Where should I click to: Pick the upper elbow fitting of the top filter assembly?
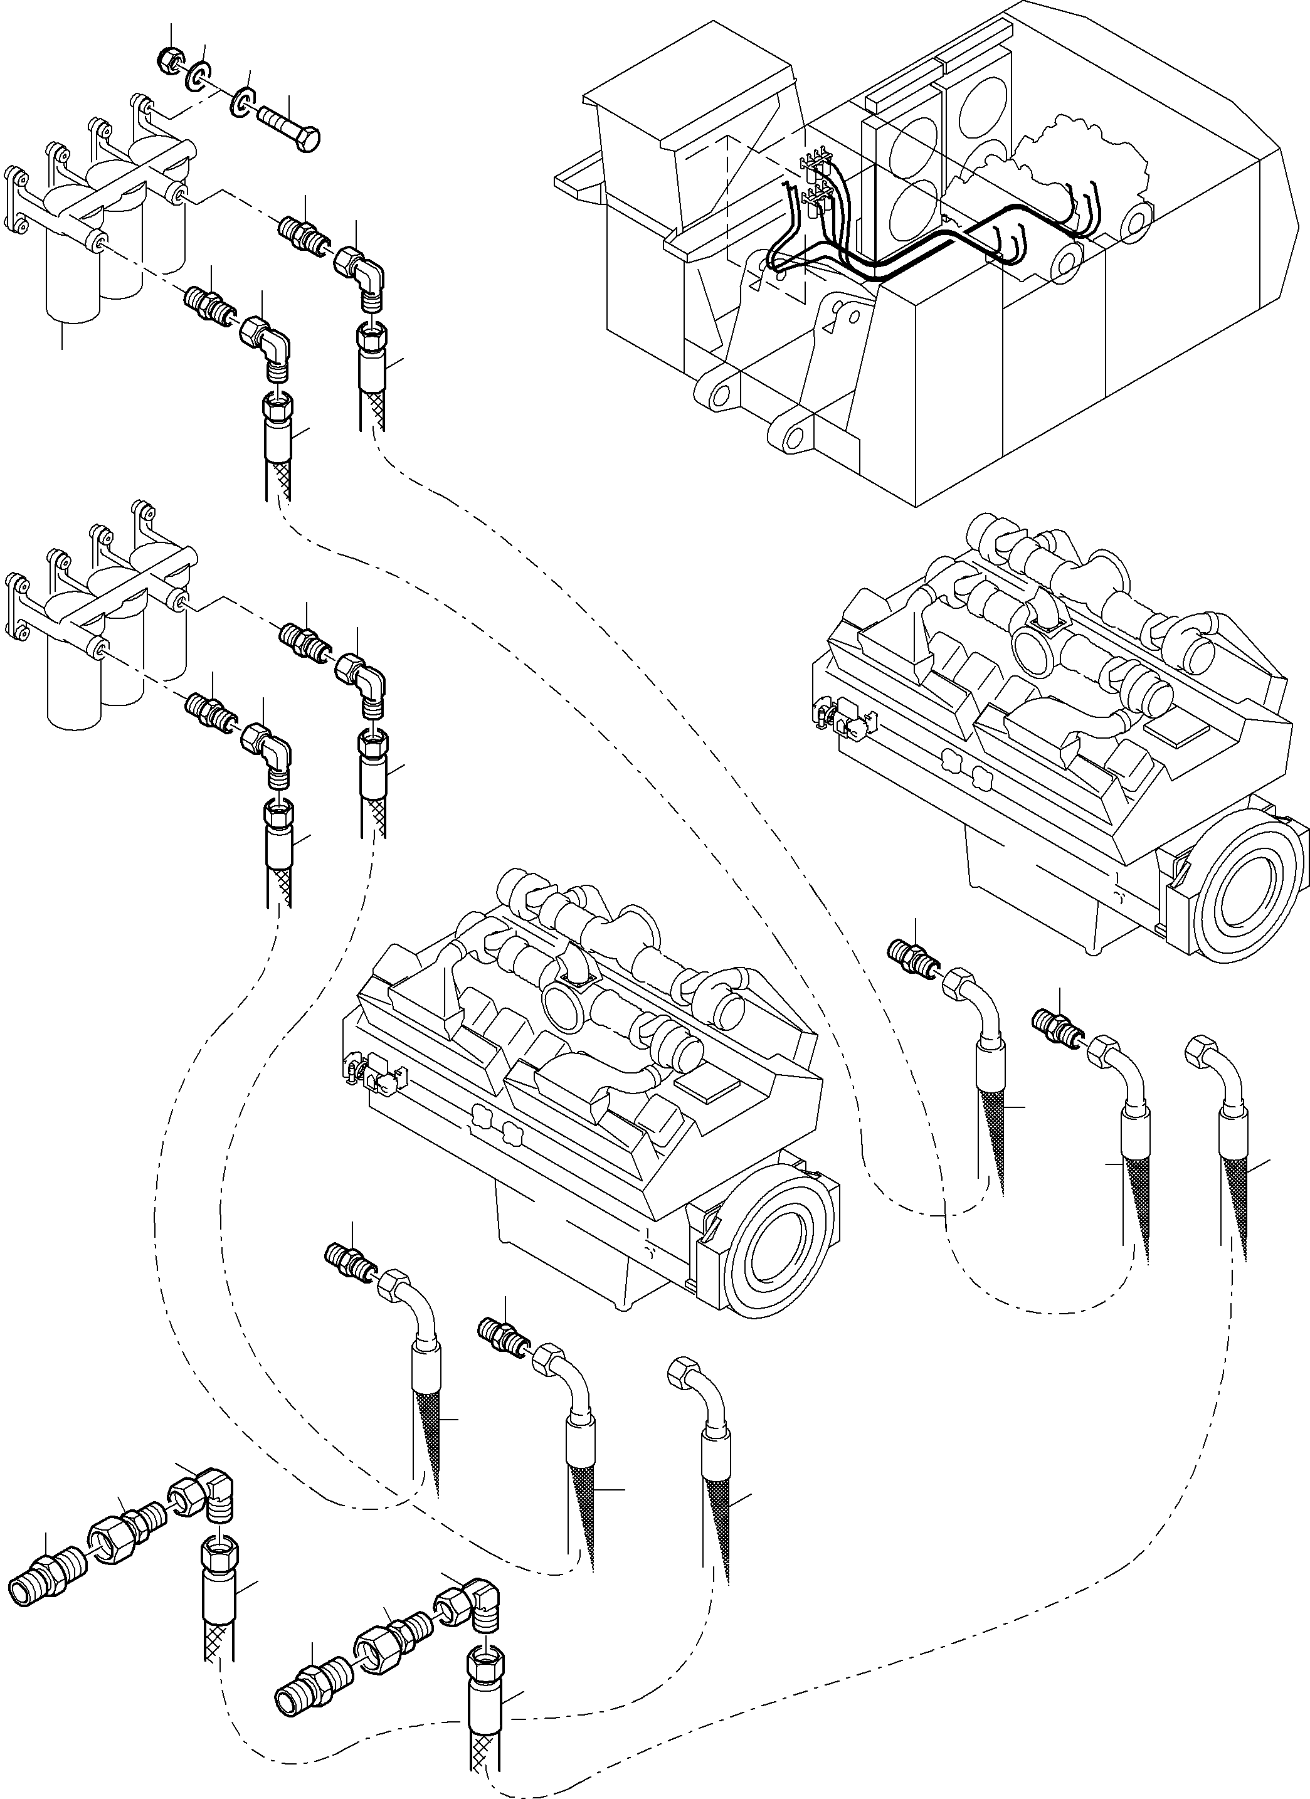365,273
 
